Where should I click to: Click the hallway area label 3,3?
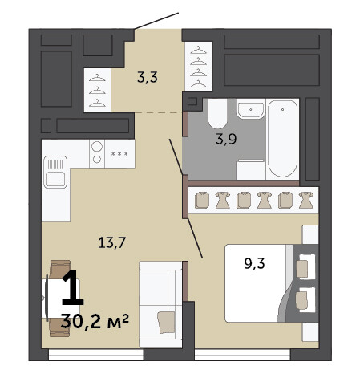point(148,77)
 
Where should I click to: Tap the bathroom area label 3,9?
point(226,139)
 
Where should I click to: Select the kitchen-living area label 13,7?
point(111,242)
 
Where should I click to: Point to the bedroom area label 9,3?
point(254,263)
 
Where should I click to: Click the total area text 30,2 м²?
point(95,321)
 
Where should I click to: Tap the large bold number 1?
point(73,287)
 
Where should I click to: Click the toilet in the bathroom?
point(217,113)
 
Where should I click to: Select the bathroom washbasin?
point(251,108)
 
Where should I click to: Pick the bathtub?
point(282,138)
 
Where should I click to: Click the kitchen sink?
point(55,172)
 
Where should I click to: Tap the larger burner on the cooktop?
point(97,146)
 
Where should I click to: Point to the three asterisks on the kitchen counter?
point(119,154)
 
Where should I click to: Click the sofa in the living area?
point(160,304)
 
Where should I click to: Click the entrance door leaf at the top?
point(156,21)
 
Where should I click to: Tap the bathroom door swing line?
point(176,157)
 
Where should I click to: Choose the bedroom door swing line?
point(195,238)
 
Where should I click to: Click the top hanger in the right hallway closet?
point(198,50)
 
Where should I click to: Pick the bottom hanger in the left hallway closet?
point(97,103)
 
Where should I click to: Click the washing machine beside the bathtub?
point(251,169)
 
